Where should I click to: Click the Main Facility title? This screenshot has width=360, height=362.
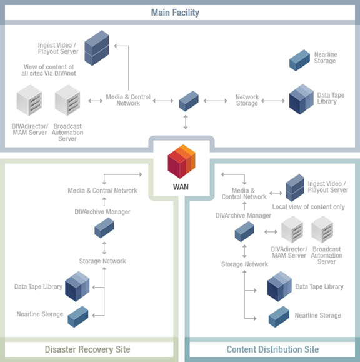click(175, 13)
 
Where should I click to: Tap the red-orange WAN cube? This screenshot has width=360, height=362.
click(182, 161)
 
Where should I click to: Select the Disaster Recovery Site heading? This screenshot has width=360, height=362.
click(87, 349)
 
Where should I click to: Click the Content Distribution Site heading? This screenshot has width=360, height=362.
click(272, 349)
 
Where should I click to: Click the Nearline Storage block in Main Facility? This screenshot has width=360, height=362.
click(299, 60)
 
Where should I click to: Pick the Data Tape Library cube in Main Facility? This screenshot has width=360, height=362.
click(301, 99)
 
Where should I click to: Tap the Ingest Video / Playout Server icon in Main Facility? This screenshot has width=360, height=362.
click(97, 48)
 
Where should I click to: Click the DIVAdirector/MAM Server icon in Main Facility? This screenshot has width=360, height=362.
click(29, 100)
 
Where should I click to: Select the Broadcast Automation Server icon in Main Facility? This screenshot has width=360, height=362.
click(67, 100)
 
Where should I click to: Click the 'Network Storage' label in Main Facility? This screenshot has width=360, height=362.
click(247, 100)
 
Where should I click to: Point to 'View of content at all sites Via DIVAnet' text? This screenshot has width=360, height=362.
click(49, 70)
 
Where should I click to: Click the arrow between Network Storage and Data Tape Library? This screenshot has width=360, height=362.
click(272, 101)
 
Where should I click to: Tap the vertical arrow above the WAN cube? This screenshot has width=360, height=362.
click(186, 122)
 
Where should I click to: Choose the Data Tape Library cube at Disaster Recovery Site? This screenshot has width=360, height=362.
click(77, 286)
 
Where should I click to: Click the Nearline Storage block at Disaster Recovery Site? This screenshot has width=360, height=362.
click(77, 317)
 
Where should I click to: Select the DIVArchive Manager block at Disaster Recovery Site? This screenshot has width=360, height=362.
click(104, 228)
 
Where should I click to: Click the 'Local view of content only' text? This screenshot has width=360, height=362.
click(309, 207)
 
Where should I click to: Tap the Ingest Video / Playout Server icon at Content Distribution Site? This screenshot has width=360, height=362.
click(295, 188)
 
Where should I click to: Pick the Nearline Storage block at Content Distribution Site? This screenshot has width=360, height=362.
click(279, 317)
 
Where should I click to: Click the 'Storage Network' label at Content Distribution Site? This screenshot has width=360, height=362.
click(244, 264)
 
